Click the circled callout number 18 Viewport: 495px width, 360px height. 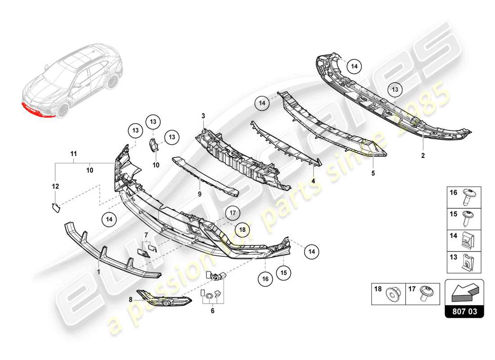(242, 229)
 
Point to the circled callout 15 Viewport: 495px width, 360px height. (283, 272)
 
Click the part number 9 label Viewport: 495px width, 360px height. (200, 195)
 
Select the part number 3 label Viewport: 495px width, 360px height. (203, 117)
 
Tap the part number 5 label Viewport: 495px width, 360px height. (373, 172)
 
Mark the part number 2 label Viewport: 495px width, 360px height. (423, 156)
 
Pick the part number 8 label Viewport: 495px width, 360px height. (130, 299)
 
